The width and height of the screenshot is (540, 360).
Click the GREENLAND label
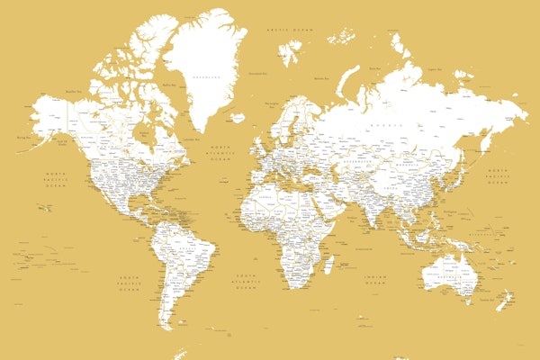click(202, 77)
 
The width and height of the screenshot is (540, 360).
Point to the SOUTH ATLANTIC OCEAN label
click(247, 278)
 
